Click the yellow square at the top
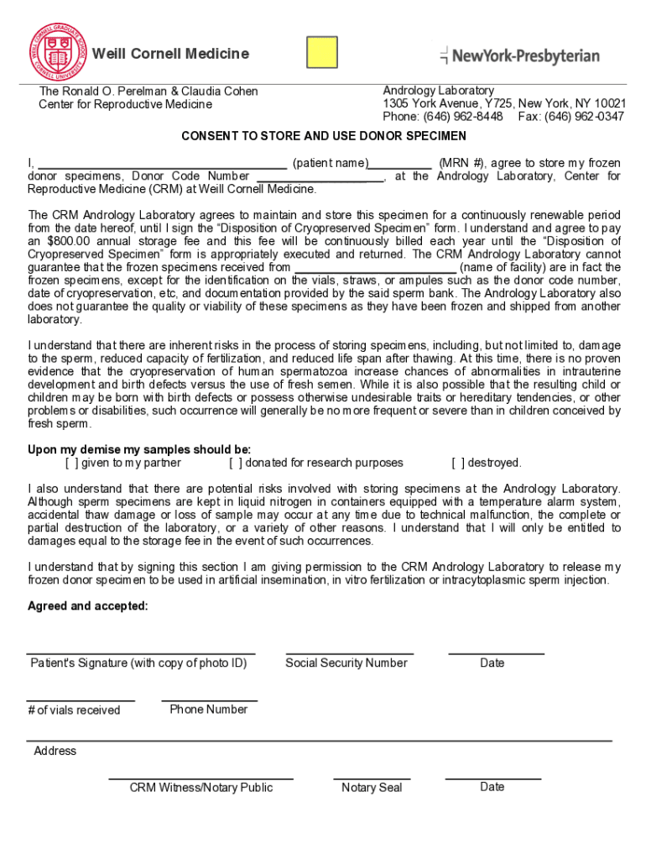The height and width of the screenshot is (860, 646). click(322, 52)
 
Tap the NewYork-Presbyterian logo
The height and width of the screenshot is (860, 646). click(519, 56)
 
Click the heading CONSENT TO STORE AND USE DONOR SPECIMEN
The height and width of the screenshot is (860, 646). click(324, 136)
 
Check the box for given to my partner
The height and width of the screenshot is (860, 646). click(72, 463)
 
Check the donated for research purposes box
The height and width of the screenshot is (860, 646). click(236, 463)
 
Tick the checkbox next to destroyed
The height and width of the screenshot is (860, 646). click(458, 463)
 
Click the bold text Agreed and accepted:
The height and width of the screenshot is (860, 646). click(88, 606)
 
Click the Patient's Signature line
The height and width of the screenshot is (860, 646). click(140, 652)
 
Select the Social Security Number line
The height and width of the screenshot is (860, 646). click(349, 652)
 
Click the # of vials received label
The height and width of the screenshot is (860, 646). click(74, 711)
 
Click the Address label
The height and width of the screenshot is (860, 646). click(55, 751)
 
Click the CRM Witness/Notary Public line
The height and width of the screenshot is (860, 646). click(201, 778)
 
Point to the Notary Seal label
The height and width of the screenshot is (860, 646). click(372, 788)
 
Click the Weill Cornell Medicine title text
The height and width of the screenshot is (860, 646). click(170, 54)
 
